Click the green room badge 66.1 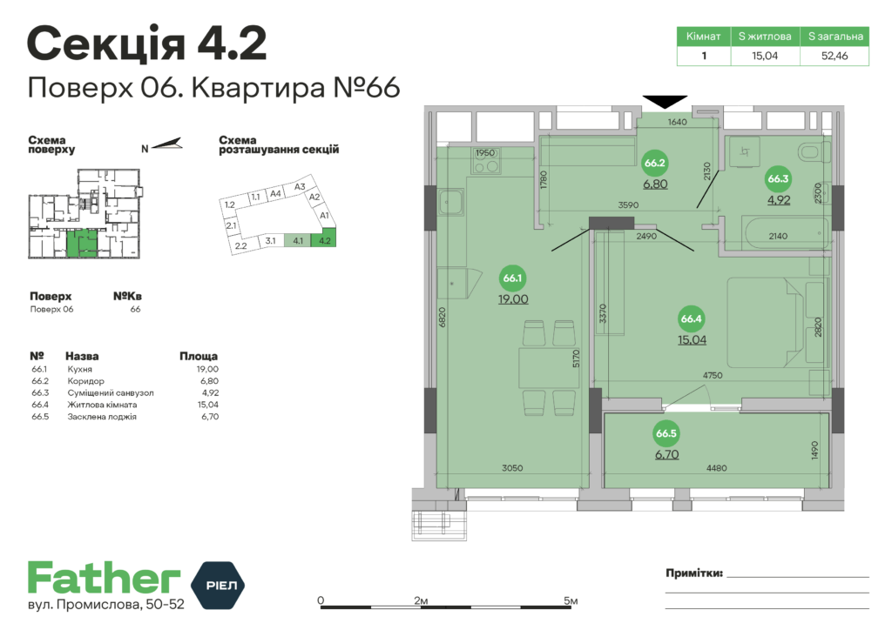click(512, 278)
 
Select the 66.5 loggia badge click(666, 433)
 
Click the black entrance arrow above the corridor click(665, 102)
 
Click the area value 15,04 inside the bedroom click(692, 339)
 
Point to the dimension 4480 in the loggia click(717, 468)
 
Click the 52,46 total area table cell click(835, 56)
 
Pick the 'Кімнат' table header click(703, 37)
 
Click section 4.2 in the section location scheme click(324, 241)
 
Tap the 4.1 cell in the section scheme click(298, 241)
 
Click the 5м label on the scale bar click(571, 600)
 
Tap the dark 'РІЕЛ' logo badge click(218, 582)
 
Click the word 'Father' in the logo click(104, 580)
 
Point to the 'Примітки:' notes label click(693, 573)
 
